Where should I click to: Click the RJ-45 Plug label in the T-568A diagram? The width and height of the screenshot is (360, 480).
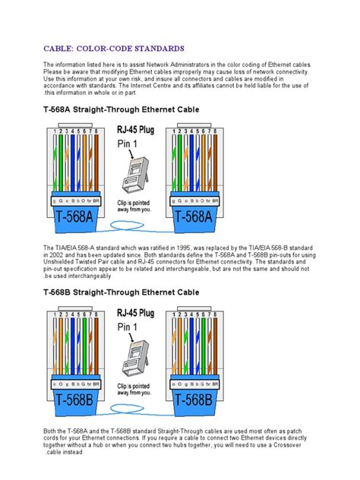(136, 130)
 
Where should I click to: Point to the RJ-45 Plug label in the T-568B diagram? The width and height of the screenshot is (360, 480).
(136, 311)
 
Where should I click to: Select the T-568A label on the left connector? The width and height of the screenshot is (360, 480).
(77, 216)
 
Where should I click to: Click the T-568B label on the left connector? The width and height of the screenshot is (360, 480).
(77, 399)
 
